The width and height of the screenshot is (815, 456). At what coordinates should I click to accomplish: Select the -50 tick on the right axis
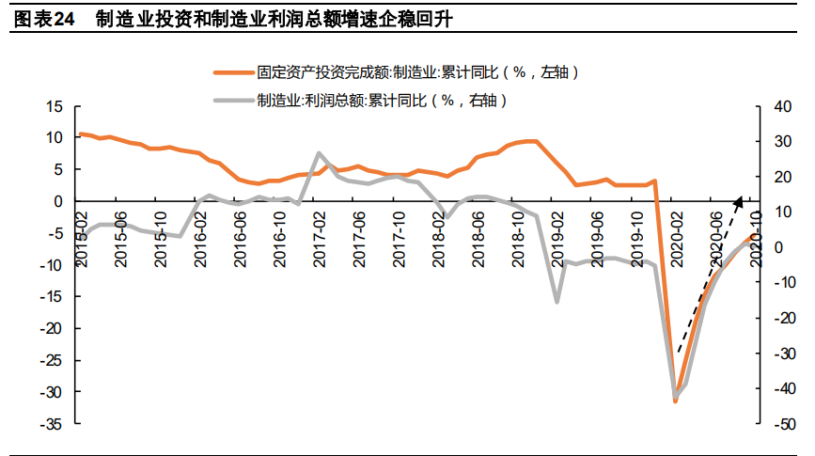pyautogui.click(x=784, y=425)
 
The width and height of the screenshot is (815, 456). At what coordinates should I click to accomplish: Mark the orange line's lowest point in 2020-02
pyautogui.click(x=675, y=401)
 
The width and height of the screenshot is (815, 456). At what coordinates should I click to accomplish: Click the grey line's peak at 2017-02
pyautogui.click(x=320, y=153)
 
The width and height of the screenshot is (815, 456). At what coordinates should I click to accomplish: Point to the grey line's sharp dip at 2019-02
pyautogui.click(x=557, y=302)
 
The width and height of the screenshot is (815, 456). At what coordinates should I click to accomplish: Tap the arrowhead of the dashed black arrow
pyautogui.click(x=741, y=198)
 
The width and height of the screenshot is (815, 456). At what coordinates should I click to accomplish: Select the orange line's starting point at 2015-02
pyautogui.click(x=81, y=134)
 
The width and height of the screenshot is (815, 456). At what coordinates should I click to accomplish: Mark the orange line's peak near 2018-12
pyautogui.click(x=532, y=141)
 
